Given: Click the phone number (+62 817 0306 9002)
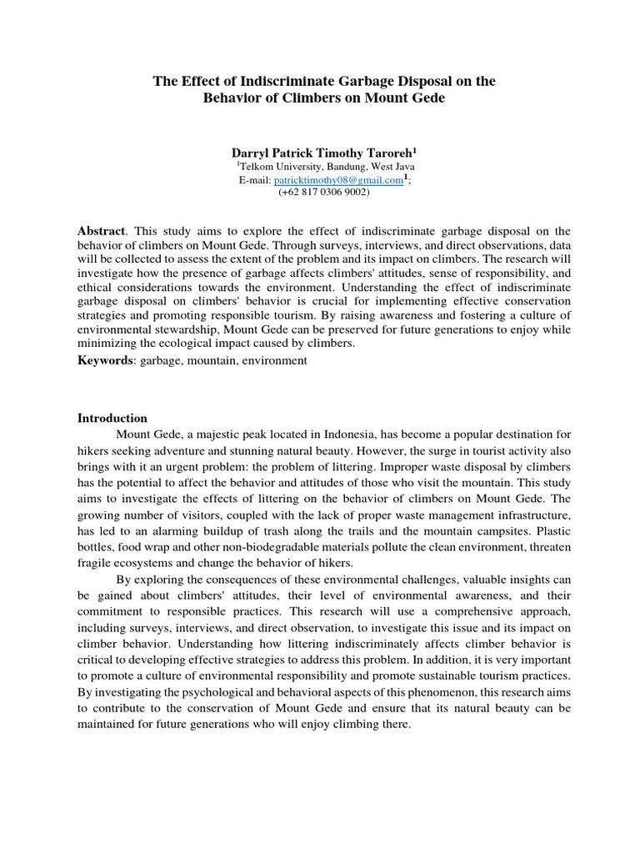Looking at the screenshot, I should pos(324,191).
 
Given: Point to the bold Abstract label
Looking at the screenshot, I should pos(100,231).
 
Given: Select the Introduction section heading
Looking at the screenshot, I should pos(112,418).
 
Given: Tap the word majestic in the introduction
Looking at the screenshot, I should pos(219,435).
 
